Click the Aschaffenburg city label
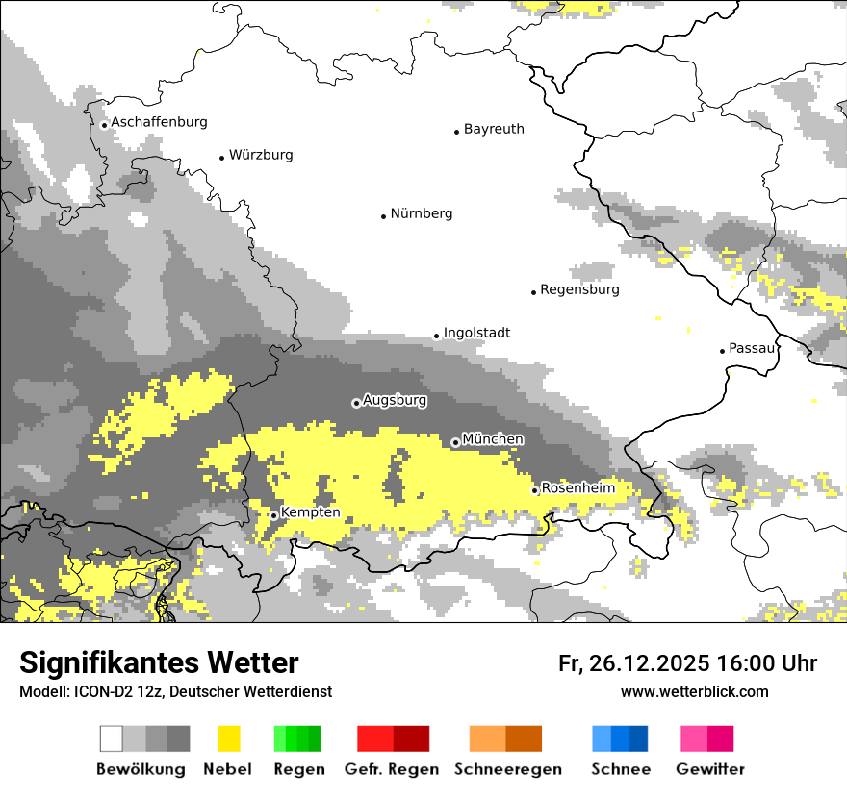pos(159,122)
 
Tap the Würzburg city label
pos(261,155)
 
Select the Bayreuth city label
pos(494,129)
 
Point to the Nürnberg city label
pos(422,213)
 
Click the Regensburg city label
pos(579,289)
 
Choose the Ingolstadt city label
pos(476,333)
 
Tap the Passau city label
pos(752,348)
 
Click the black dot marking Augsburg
pos(356,403)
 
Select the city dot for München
pos(455,442)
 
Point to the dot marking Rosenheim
pos(534,490)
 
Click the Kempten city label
pos(310,513)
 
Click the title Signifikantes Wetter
pos(159,663)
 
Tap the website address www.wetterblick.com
pos(694,691)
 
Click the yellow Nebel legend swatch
pos(228,738)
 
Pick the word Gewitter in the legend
pos(709,769)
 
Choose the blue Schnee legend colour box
pos(620,738)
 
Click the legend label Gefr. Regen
pos(392,769)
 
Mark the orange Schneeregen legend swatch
pos(505,738)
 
